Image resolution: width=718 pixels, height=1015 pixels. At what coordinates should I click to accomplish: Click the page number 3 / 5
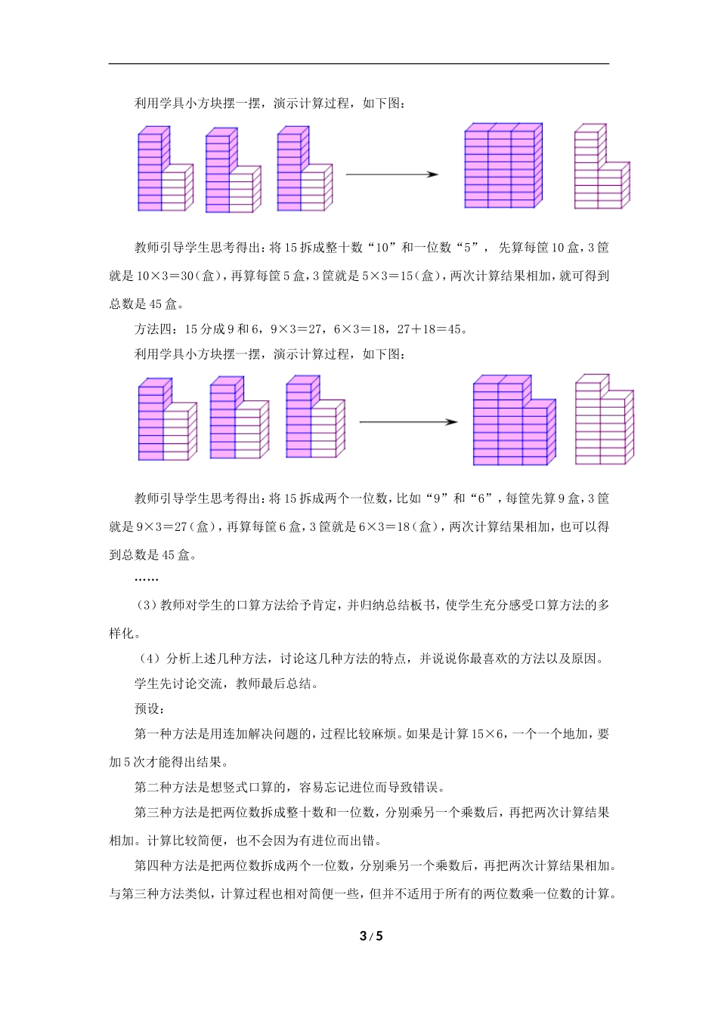(371, 936)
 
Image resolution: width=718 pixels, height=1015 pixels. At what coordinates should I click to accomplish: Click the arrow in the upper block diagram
(391, 174)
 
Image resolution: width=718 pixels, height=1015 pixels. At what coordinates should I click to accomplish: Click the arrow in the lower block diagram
(408, 421)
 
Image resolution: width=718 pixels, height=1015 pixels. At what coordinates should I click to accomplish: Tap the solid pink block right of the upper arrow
(503, 165)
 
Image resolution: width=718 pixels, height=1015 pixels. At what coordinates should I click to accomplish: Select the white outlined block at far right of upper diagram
(602, 167)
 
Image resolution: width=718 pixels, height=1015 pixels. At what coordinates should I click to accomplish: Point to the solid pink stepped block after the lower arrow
(514, 420)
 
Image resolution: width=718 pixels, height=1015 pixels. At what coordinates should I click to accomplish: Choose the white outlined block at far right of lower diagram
(604, 419)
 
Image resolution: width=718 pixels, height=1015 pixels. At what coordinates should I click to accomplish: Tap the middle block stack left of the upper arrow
(233, 171)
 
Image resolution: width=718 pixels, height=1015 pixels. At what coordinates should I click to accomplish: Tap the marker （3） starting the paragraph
(146, 606)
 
